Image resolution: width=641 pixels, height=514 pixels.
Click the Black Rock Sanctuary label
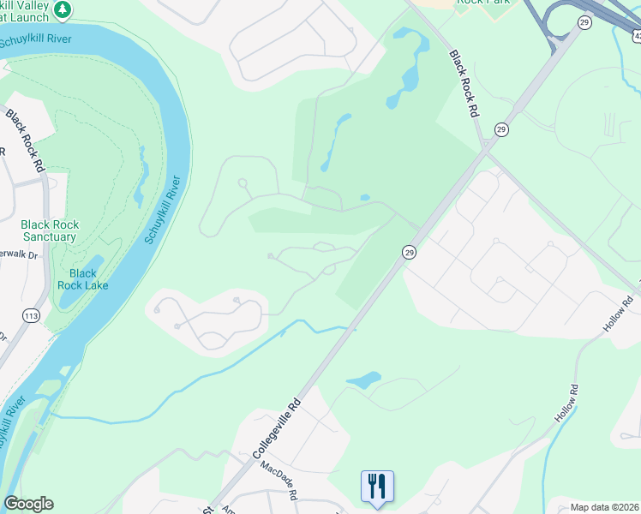point(50,230)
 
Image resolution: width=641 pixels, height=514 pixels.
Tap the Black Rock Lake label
point(83,279)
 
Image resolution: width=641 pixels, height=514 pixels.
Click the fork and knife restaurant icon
point(377,487)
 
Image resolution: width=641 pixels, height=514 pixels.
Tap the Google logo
point(28,504)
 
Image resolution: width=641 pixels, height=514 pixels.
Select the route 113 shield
point(31,314)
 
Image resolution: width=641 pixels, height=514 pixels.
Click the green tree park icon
point(62,9)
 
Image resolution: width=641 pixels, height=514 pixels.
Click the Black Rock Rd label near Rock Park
point(461,84)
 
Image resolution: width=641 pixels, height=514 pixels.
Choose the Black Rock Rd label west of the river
point(25,140)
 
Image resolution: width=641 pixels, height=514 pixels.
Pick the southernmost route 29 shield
point(409,252)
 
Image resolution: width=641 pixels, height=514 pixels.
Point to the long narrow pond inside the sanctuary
point(139,178)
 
